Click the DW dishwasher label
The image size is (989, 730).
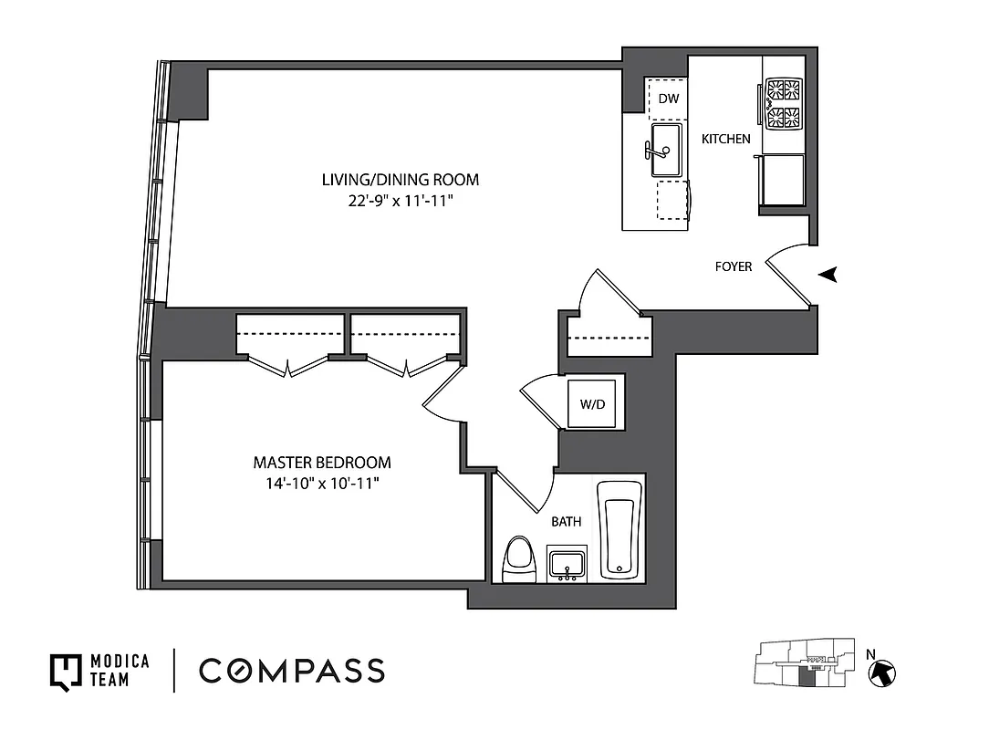[668, 99]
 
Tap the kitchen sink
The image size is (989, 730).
[666, 149]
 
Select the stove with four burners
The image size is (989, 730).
[783, 103]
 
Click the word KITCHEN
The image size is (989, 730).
[726, 140]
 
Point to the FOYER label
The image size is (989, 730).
[734, 267]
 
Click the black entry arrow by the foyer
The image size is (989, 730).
[828, 275]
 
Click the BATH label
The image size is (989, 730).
[567, 523]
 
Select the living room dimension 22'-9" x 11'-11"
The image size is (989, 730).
[400, 200]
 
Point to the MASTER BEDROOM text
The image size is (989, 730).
[322, 463]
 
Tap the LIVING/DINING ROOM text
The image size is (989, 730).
[400, 180]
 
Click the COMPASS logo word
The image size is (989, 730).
[292, 671]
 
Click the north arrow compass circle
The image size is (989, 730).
[883, 673]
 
